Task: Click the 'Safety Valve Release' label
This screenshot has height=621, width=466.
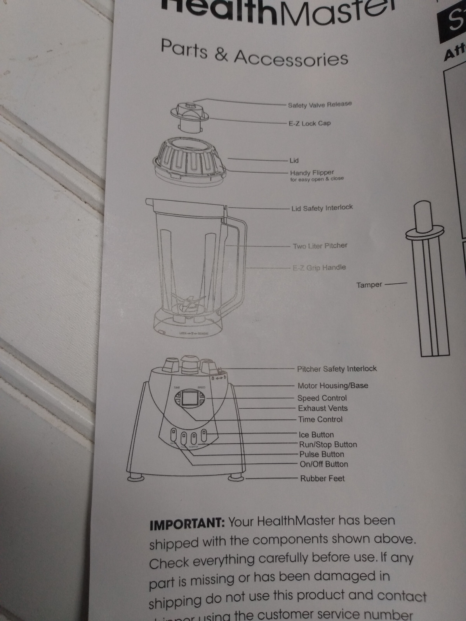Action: (x=320, y=105)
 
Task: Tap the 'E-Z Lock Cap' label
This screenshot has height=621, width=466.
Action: (x=310, y=123)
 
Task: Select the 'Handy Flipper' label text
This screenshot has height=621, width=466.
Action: (x=312, y=172)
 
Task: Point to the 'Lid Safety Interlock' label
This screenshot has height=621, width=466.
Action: (x=322, y=208)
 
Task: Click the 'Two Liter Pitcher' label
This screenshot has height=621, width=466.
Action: (x=320, y=246)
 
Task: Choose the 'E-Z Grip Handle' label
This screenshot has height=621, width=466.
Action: (x=319, y=267)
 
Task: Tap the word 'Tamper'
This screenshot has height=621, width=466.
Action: (x=369, y=285)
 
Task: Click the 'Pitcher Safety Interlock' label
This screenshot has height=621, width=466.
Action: (x=337, y=369)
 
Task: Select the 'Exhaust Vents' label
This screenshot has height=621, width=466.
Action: (x=323, y=408)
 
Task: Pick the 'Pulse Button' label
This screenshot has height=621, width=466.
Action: (x=322, y=454)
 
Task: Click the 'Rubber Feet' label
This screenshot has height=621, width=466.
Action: (x=322, y=479)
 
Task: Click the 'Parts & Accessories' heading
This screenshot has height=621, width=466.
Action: (x=254, y=53)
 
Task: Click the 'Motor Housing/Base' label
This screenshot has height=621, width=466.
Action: (x=333, y=385)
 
